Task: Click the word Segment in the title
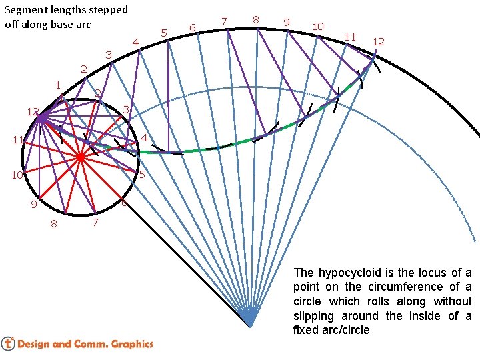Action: [x=24, y=10]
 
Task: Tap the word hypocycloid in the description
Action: [x=347, y=273]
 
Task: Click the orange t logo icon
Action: [x=8, y=343]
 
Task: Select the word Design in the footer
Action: [x=33, y=344]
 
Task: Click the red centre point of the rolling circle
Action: [x=80, y=158]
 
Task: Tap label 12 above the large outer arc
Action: [x=378, y=41]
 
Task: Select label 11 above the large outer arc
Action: [x=350, y=36]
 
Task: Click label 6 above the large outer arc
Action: [x=192, y=27]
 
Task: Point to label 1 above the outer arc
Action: [x=58, y=85]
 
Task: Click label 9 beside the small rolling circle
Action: [x=33, y=205]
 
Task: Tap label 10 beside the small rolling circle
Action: [x=17, y=175]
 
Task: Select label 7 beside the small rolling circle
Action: [x=96, y=222]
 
